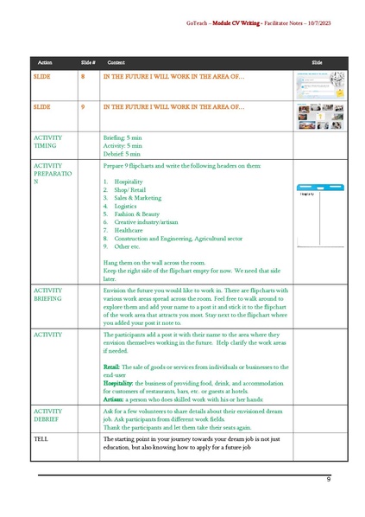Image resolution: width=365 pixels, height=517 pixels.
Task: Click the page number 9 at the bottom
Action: coord(328,478)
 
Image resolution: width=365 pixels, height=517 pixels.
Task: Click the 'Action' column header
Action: coord(46,63)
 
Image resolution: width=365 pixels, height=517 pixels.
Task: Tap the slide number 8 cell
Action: coord(83,77)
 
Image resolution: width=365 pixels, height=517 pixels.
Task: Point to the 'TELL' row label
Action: coord(41,438)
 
